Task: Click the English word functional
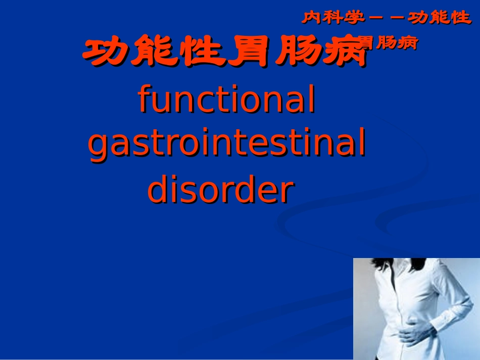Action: (227, 99)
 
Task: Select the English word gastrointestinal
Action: (227, 145)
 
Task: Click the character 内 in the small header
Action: (313, 18)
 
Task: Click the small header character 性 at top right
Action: (460, 18)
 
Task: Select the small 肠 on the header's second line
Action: (388, 43)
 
